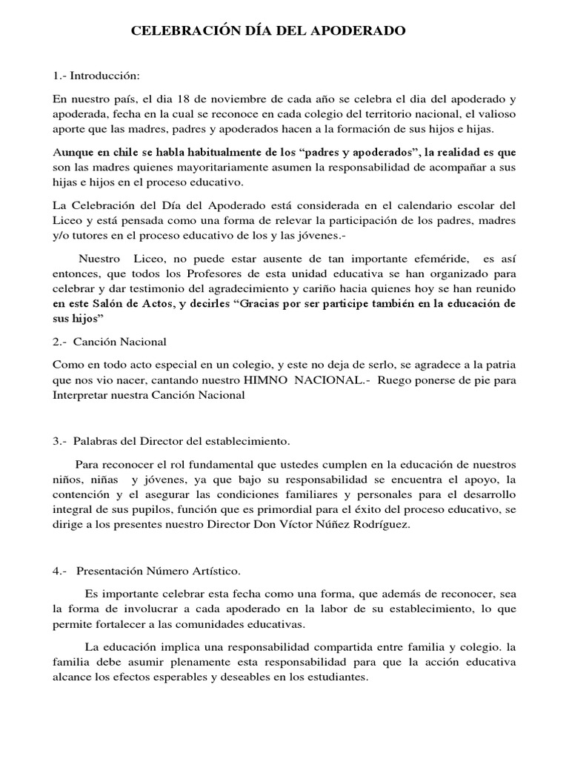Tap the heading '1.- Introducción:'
96,76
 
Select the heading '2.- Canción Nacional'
110,342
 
